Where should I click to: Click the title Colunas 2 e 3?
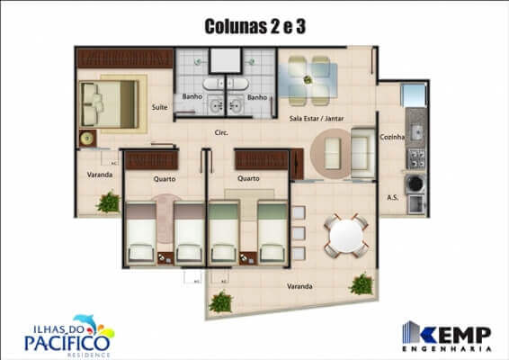coord(254,27)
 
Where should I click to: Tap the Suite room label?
coord(160,106)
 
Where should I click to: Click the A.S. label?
coord(392,196)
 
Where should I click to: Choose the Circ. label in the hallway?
coord(220,133)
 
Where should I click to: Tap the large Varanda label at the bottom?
coord(300,286)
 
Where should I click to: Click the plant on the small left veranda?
coord(108,202)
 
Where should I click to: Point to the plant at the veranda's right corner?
coord(362,285)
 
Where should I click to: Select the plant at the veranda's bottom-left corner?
coord(220,301)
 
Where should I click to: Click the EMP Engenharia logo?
coord(447,334)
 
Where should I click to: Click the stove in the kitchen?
coord(416,158)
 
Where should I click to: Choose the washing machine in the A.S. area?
coord(415,184)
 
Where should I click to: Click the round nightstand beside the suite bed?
coord(88,139)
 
